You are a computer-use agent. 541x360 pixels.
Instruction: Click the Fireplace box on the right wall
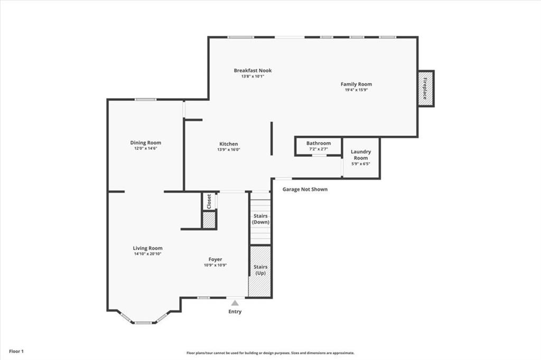click(426, 88)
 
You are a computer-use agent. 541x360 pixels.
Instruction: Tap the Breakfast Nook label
click(253, 70)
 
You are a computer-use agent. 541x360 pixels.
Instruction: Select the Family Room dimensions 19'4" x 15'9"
click(356, 90)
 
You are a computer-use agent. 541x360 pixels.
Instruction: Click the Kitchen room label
click(229, 144)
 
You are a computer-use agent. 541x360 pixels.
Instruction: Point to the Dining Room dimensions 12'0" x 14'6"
click(146, 148)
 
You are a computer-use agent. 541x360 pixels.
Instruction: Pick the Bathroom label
click(319, 143)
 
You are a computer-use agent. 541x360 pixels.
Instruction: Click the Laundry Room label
click(361, 155)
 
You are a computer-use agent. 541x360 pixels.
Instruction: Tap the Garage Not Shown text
click(305, 189)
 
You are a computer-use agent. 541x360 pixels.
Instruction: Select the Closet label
click(209, 201)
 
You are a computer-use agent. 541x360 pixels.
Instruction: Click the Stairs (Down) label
click(260, 219)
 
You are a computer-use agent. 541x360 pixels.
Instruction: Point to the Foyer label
click(215, 259)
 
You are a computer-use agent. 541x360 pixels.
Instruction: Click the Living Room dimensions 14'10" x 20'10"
click(147, 254)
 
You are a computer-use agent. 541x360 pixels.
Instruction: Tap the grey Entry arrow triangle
click(235, 303)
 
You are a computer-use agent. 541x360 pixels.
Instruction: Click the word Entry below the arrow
click(235, 312)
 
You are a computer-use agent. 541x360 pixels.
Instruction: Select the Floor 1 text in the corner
click(16, 351)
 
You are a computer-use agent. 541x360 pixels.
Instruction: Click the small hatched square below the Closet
click(209, 220)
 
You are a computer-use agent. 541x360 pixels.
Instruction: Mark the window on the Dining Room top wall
click(145, 99)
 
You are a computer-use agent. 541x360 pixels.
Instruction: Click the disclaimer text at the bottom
click(270, 353)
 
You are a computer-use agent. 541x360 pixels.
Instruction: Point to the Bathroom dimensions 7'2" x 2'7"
click(319, 149)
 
